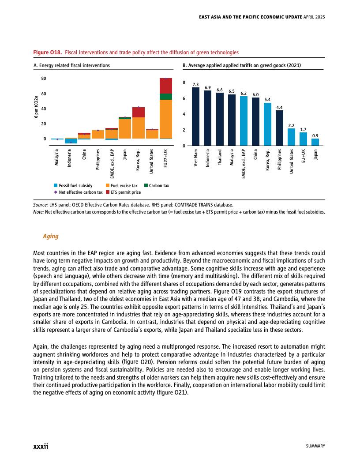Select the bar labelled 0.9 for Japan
point(315,142)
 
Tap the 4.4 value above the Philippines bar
point(280,107)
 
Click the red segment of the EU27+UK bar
point(166,86)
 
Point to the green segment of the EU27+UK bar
point(166,97)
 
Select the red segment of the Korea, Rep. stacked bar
point(139,112)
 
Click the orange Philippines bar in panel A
point(98,134)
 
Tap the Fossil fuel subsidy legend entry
point(73,186)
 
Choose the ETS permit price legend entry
point(123,192)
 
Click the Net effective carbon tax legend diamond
point(55,192)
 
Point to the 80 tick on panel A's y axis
point(43,79)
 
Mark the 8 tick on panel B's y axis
point(184,83)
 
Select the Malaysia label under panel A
point(57,158)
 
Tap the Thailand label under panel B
point(220,157)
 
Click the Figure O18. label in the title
point(48,53)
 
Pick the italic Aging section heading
point(50,236)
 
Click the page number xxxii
point(41,446)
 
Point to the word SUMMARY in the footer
point(315,446)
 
